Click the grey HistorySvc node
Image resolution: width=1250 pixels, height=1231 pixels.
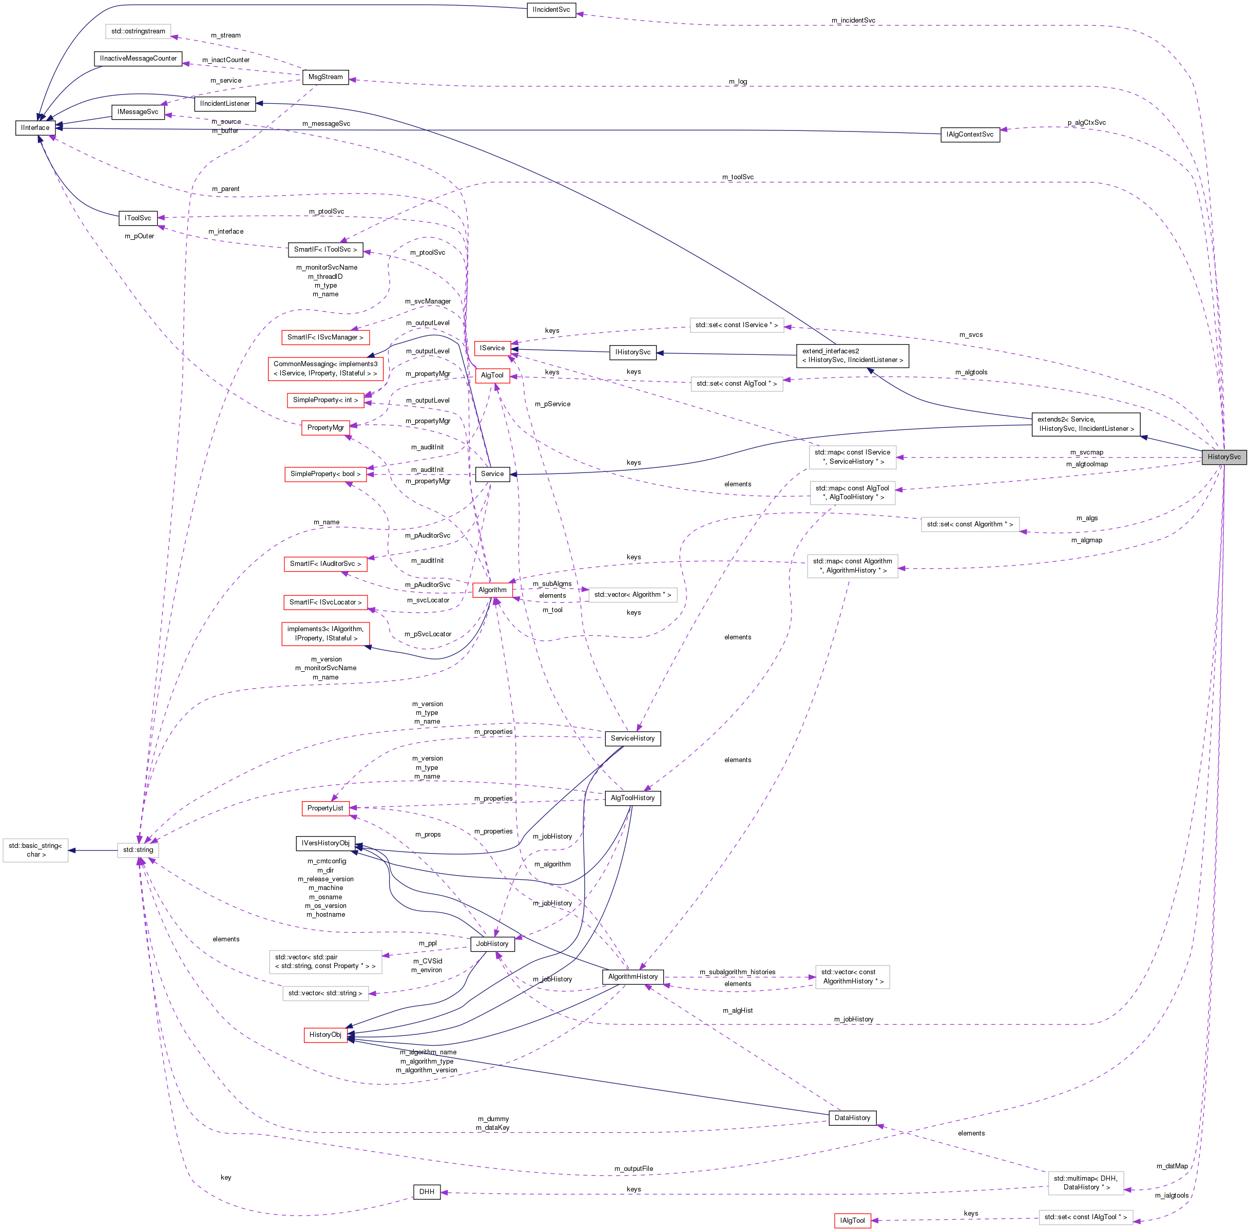(1223, 457)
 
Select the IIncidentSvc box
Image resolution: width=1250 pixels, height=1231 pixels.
(551, 10)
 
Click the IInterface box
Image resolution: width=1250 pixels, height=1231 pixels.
(34, 128)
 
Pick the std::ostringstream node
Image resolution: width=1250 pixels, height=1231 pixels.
(138, 31)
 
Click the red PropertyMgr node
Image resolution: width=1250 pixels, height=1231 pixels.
(325, 427)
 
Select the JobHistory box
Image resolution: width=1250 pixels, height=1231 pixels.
(492, 943)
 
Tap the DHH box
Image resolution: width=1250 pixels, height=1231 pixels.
(427, 1191)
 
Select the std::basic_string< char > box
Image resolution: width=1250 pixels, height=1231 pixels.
(35, 849)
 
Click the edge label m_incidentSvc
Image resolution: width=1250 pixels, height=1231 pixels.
(853, 21)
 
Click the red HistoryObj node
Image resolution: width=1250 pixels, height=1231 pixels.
(325, 1034)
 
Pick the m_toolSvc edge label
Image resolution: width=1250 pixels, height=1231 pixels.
(738, 177)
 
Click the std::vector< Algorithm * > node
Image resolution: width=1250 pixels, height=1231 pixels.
(632, 594)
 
